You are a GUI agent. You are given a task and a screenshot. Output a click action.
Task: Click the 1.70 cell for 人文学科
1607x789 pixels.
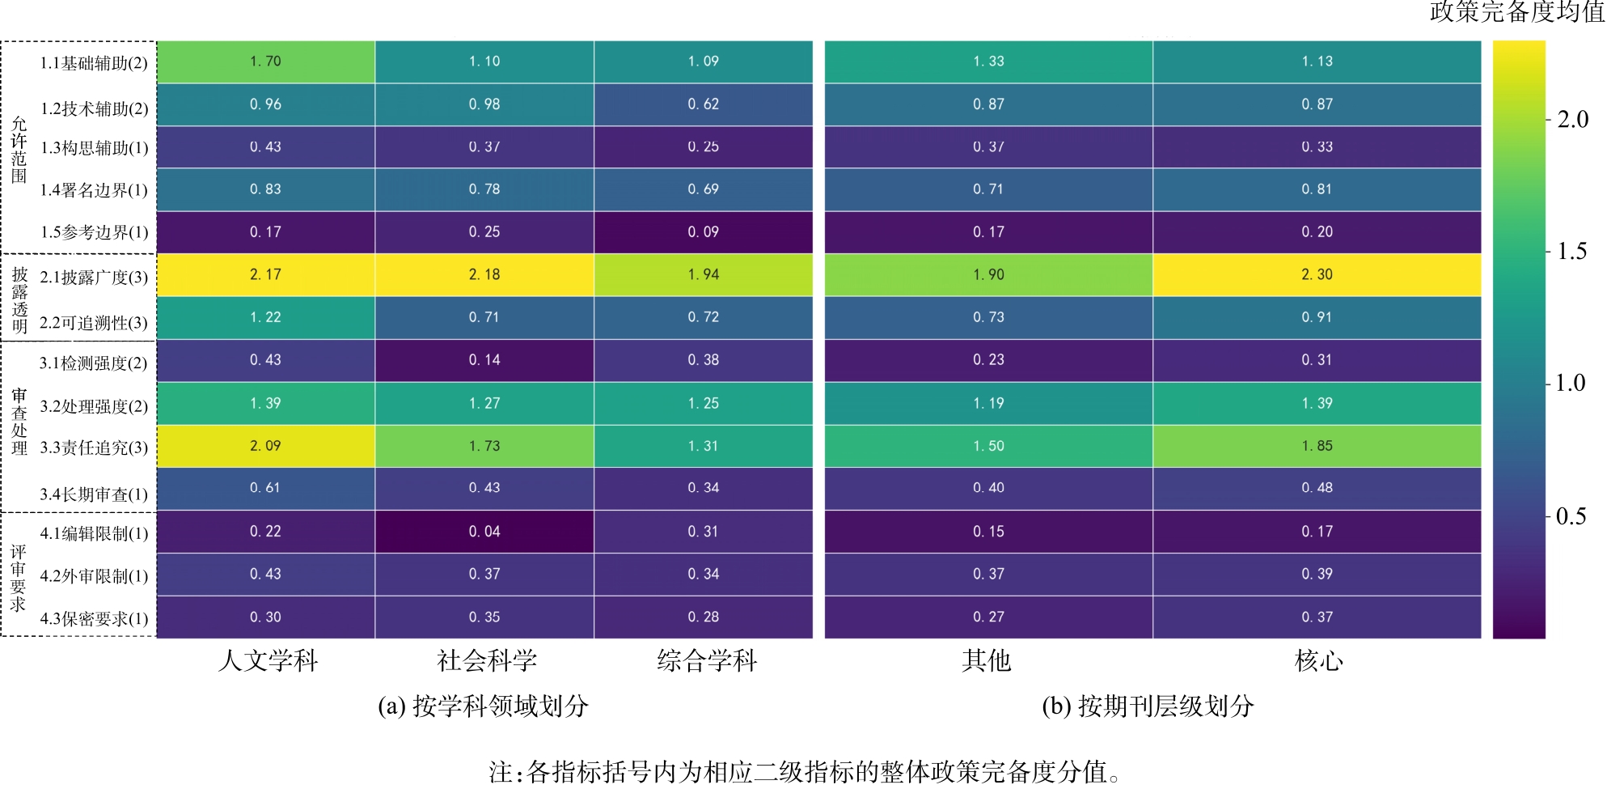[x=265, y=62]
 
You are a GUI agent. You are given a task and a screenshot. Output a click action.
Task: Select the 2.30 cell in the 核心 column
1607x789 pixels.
[x=1317, y=274]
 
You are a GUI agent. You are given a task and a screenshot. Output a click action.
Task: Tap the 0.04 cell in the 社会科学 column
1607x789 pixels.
[x=484, y=532]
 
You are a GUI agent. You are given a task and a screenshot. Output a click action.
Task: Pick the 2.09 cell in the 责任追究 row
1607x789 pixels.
[x=265, y=446]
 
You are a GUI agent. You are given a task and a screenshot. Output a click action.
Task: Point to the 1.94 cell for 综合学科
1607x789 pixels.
[x=704, y=274]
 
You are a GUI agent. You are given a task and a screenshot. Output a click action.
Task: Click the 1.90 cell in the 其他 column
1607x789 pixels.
[x=988, y=274]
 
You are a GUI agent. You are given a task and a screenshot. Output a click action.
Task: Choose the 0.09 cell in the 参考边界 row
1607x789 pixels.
[x=704, y=232]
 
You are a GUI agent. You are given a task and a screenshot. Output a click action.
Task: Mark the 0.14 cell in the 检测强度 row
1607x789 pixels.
[x=484, y=360]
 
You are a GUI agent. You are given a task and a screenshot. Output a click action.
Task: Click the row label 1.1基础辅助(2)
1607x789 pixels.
[x=94, y=63]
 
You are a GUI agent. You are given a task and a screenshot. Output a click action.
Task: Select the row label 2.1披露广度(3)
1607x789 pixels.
[x=94, y=278]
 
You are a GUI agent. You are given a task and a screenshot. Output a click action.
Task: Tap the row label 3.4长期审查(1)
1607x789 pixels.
[x=94, y=494]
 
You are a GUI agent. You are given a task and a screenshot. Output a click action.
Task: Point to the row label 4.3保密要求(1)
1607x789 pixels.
[x=94, y=619]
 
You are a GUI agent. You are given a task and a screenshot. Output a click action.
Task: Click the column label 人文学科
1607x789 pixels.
[x=268, y=661]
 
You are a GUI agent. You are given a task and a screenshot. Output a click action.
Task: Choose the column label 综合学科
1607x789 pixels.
[x=707, y=661]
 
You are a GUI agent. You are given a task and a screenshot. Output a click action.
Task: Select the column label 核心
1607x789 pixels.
[x=1318, y=661]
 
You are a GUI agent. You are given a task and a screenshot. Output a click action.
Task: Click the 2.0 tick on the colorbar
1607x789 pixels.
[x=1572, y=120]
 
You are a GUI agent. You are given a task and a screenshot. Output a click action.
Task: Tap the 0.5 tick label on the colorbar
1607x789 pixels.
[x=1571, y=516]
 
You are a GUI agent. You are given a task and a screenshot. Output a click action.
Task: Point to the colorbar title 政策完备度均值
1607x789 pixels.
[x=1516, y=11]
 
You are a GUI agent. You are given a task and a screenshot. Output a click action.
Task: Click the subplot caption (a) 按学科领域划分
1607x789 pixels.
[x=483, y=706]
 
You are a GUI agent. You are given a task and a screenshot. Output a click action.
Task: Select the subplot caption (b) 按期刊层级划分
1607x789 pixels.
[x=1148, y=706]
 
